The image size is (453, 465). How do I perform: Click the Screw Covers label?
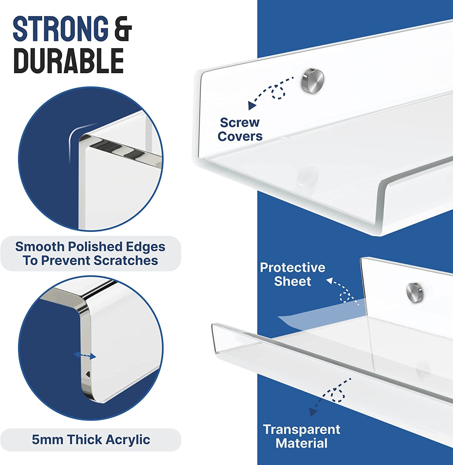pos(240,129)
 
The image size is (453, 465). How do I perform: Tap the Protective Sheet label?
pos(293,274)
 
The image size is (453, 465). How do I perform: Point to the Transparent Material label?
pos(302,436)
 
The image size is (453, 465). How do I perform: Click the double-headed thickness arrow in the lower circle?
pos(85,356)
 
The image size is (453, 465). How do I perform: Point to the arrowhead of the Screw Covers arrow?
pos(252,106)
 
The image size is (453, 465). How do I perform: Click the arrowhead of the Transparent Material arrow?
pos(313,412)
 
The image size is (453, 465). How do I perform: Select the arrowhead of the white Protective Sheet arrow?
pos(329,281)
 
